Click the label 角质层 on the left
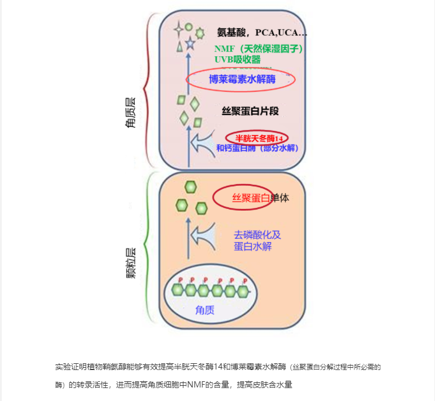(131, 113)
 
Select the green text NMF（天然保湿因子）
(259, 49)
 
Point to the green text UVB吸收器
(237, 59)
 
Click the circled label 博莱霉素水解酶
(241, 79)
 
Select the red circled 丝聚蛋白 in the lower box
(243, 198)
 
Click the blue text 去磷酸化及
(257, 234)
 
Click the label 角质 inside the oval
(205, 309)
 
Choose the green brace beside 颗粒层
(148, 248)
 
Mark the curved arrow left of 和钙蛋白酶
(200, 144)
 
